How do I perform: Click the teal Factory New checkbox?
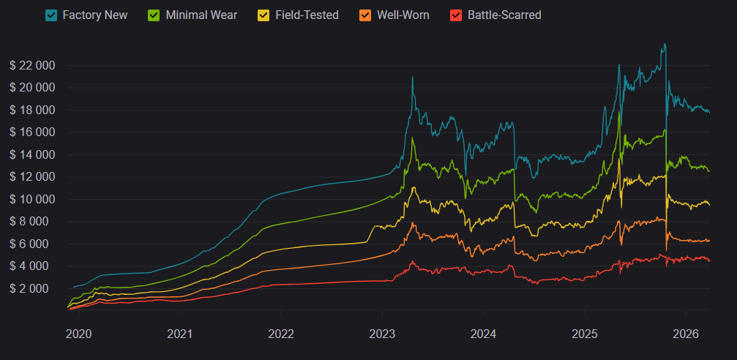coord(51,15)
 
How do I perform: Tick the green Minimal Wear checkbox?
coord(154,15)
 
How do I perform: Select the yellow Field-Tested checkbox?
coord(263,15)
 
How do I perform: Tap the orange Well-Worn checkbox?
coord(364,15)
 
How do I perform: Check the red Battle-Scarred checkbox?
coord(456,15)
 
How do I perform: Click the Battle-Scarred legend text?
coord(504,15)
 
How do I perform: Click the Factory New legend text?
coord(95,15)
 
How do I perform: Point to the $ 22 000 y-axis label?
coord(32,65)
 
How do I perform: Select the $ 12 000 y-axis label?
coord(32,177)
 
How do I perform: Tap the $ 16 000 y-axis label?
coord(32,132)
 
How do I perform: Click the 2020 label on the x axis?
coord(79,334)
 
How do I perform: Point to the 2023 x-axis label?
coord(382,334)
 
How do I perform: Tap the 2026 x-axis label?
coord(685,334)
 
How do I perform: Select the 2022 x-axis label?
coord(281,334)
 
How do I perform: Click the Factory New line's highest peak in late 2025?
coord(664,44)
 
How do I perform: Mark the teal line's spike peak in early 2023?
coord(413,77)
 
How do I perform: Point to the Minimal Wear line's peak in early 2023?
coord(413,138)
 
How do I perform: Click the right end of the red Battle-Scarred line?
coord(709,260)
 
